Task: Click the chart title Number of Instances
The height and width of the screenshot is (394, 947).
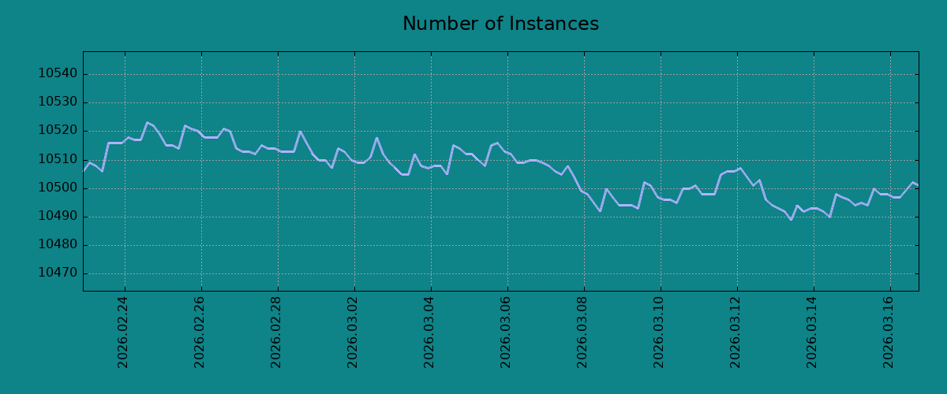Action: pyautogui.click(x=500, y=24)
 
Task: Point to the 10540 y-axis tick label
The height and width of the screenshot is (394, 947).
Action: pyautogui.click(x=58, y=74)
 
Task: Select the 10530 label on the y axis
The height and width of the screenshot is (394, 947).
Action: pyautogui.click(x=58, y=102)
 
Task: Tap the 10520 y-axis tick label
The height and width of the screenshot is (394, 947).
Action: pyautogui.click(x=58, y=131)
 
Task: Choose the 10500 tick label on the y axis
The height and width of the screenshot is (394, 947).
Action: pyautogui.click(x=58, y=188)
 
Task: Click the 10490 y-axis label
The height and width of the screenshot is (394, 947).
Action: pyautogui.click(x=58, y=216)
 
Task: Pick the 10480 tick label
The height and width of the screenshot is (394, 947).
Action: pyautogui.click(x=58, y=244)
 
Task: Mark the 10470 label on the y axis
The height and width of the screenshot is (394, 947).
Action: pyautogui.click(x=58, y=273)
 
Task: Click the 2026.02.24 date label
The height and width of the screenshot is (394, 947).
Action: pyautogui.click(x=122, y=333)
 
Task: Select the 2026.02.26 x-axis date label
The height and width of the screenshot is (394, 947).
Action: pyautogui.click(x=199, y=333)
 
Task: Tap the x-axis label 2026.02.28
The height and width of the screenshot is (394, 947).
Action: pyautogui.click(x=275, y=333)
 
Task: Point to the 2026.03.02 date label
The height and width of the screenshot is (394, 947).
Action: pyautogui.click(x=352, y=333)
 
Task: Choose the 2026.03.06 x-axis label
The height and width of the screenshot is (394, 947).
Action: pyautogui.click(x=505, y=333)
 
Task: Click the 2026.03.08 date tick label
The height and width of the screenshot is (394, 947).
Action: pyautogui.click(x=582, y=333)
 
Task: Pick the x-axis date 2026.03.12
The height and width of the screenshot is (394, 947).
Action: pyautogui.click(x=736, y=333)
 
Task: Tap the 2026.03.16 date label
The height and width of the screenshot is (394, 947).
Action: pyautogui.click(x=889, y=333)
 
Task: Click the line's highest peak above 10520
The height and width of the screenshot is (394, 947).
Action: pyautogui.click(x=147, y=122)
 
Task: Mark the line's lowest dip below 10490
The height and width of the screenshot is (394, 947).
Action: pyautogui.click(x=791, y=220)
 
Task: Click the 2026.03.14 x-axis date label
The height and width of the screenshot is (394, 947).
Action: pyautogui.click(x=812, y=333)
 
